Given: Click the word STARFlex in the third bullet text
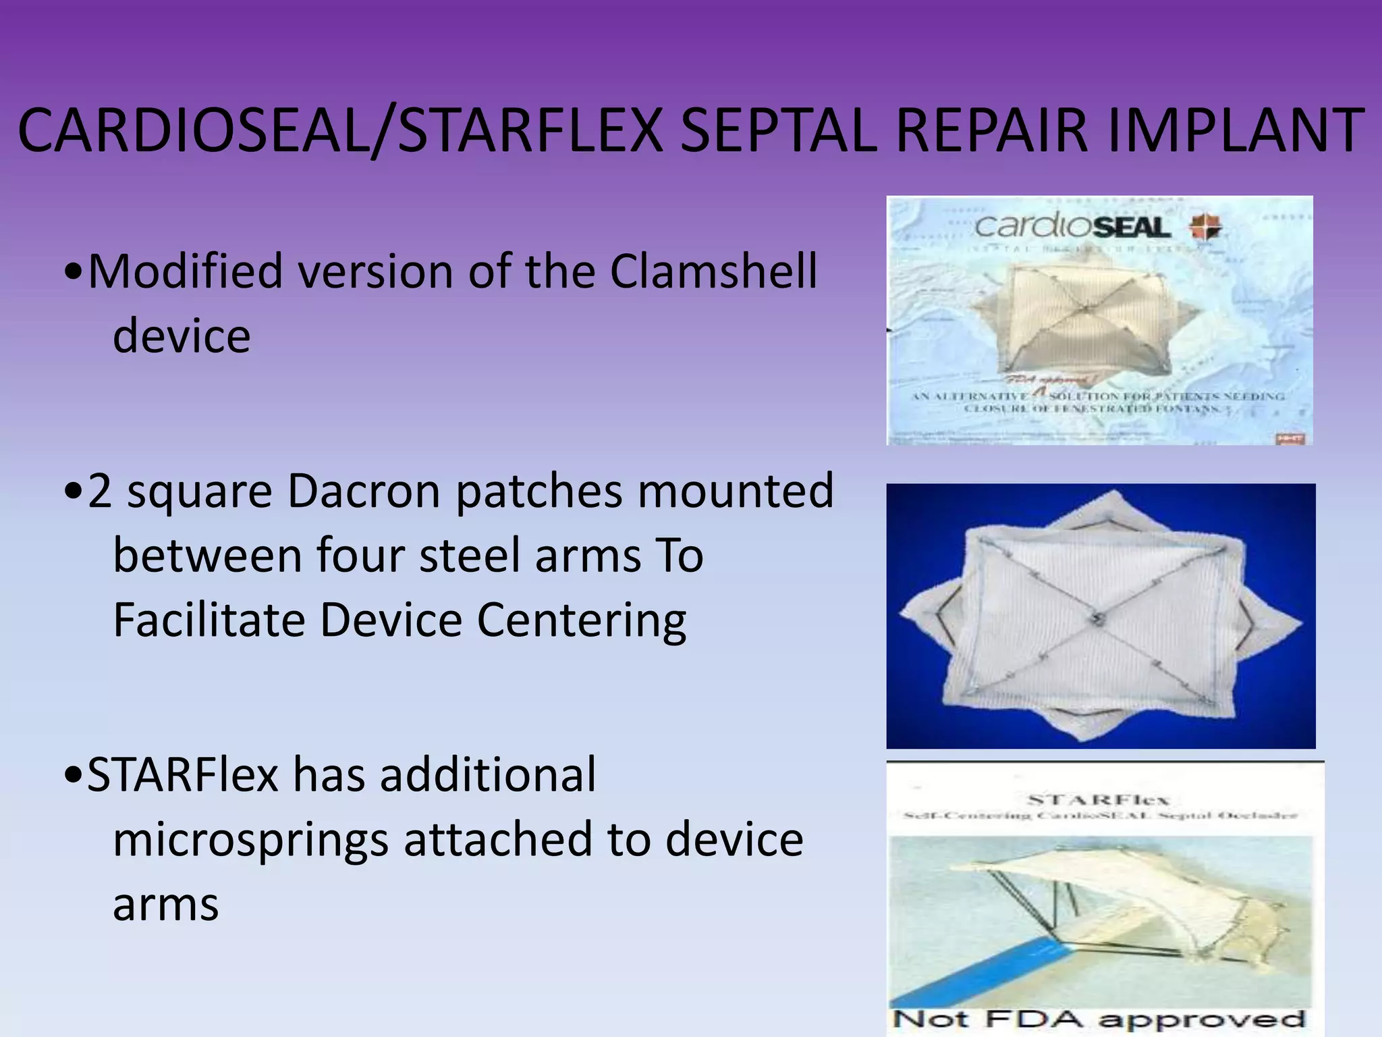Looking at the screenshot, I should tap(182, 774).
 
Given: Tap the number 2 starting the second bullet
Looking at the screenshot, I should tap(99, 491).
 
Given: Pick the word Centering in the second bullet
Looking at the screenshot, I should tap(582, 620).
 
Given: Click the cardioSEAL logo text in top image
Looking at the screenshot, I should tap(1073, 227).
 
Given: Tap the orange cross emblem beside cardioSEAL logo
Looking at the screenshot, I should tap(1205, 227).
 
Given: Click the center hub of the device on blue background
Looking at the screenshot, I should tap(1096, 618).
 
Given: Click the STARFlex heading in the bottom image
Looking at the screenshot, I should tap(1098, 801).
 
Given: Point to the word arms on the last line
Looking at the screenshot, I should tap(165, 904).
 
